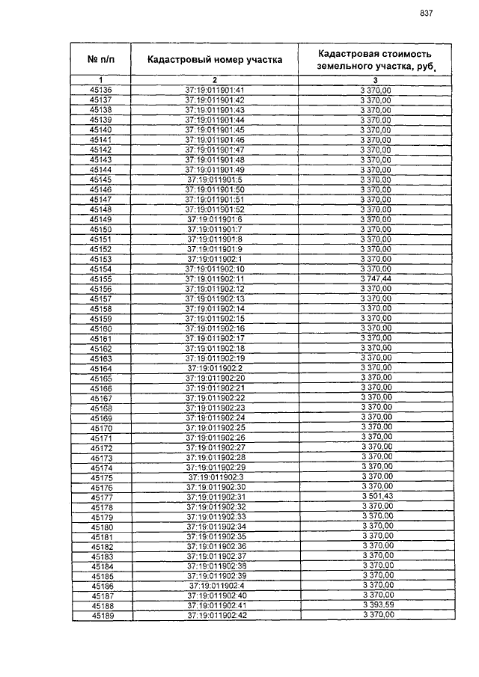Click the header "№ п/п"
pyautogui.click(x=100, y=60)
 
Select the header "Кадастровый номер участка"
pyautogui.click(x=215, y=60)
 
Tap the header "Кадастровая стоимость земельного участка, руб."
pyautogui.click(x=376, y=60)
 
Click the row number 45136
pyautogui.click(x=100, y=91)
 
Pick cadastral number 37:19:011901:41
pyautogui.click(x=215, y=91)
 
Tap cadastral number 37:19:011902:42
pyautogui.click(x=216, y=615)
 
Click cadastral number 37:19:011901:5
pyautogui.click(x=215, y=180)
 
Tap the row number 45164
pyautogui.click(x=101, y=368)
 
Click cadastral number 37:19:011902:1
pyautogui.click(x=215, y=259)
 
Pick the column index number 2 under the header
pyautogui.click(x=215, y=80)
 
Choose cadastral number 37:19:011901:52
pyautogui.click(x=215, y=209)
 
